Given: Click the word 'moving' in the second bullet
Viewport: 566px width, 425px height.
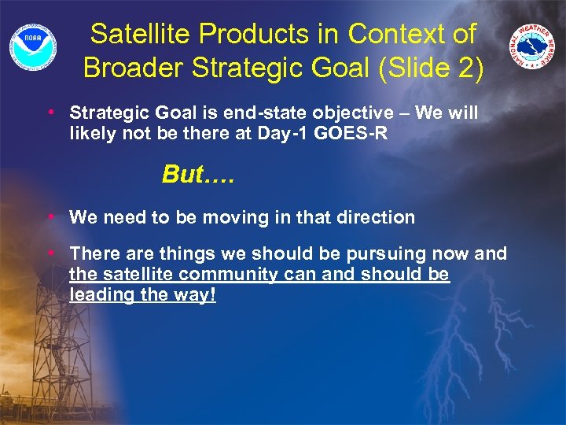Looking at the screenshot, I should coord(230,217).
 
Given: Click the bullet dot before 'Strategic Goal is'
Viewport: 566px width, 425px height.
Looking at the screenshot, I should coord(50,112).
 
